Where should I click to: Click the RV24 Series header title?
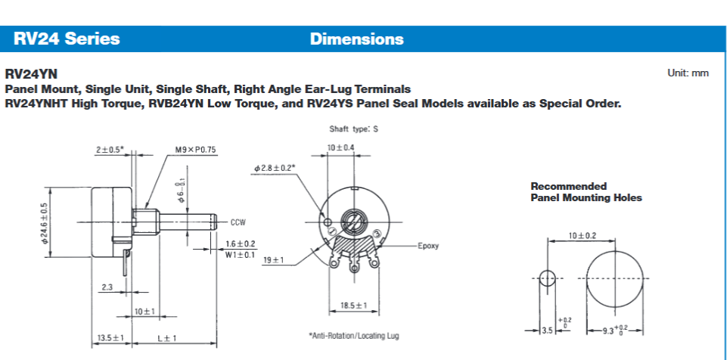[66, 39]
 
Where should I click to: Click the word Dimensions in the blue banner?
[356, 39]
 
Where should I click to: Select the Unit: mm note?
[688, 73]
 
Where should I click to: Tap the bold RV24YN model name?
[31, 74]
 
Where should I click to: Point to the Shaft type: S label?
[353, 129]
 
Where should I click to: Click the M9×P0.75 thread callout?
[195, 150]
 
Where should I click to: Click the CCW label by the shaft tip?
[239, 222]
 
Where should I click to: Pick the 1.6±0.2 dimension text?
[240, 244]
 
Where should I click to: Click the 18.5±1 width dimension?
[353, 305]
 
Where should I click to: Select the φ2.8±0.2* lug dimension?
[275, 167]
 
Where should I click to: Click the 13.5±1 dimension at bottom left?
[111, 337]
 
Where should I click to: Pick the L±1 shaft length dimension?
[166, 337]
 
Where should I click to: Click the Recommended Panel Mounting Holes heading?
[586, 192]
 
